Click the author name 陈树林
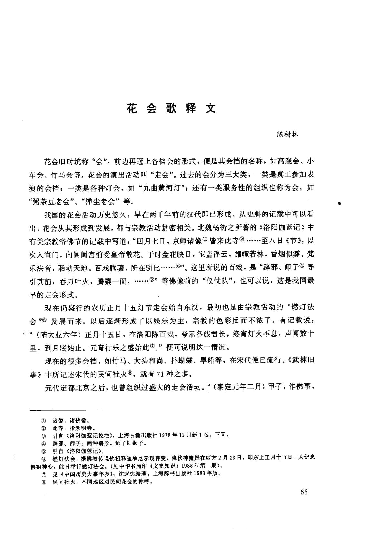(x=288, y=135)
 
